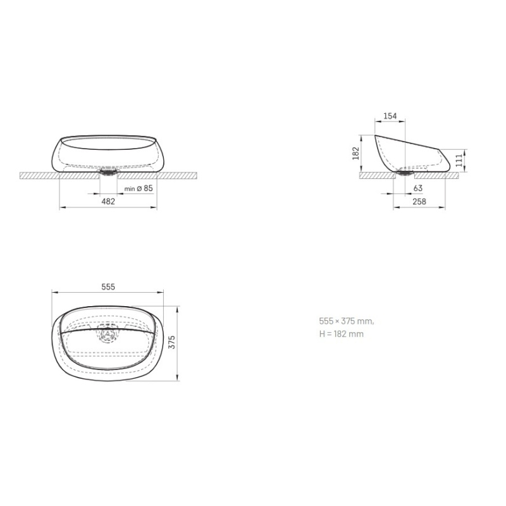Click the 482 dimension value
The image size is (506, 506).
pos(108,201)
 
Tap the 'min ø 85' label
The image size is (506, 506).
pos(139,188)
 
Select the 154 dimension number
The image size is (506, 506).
pos(390,116)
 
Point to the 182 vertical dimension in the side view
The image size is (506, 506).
pos(355,153)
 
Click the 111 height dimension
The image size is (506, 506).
pos(459,161)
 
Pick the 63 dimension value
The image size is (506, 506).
pos(418,188)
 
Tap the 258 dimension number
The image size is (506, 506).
pos(419,201)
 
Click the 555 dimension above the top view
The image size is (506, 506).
pos(108,287)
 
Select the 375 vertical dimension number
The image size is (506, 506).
pos(171,342)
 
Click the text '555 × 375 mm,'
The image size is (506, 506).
pos(347,321)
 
